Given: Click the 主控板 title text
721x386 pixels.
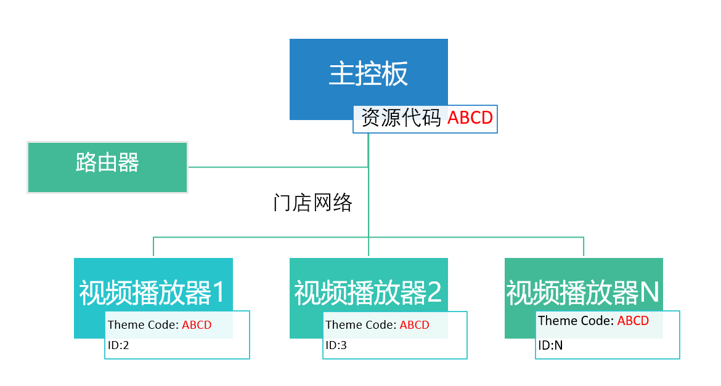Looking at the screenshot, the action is [369, 73].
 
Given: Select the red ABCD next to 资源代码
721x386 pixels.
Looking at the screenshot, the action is [470, 118].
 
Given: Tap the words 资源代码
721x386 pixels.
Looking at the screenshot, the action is [401, 118].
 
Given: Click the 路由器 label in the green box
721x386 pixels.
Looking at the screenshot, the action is [107, 162].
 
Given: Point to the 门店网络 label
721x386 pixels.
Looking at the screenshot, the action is [312, 203].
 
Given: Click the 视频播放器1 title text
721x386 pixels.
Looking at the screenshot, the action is [152, 292].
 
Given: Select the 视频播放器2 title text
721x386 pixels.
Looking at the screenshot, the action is [368, 292].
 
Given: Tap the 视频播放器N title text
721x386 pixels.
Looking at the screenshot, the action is [582, 292].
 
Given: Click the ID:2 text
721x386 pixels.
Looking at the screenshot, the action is [118, 345].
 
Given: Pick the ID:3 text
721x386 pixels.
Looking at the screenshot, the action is [336, 345].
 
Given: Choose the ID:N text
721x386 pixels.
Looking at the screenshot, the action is [550, 345].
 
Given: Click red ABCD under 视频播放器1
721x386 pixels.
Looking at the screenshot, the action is [197, 325].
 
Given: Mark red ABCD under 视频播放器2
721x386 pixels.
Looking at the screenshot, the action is [414, 325].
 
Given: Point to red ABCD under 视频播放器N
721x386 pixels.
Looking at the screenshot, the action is [633, 321].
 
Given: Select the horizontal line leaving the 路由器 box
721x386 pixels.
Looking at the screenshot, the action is [278, 167].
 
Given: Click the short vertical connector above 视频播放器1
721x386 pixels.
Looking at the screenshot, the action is [153, 247].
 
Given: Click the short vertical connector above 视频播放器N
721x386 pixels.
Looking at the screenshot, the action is [584, 247].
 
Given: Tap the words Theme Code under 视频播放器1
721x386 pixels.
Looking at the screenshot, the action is [143, 325].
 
